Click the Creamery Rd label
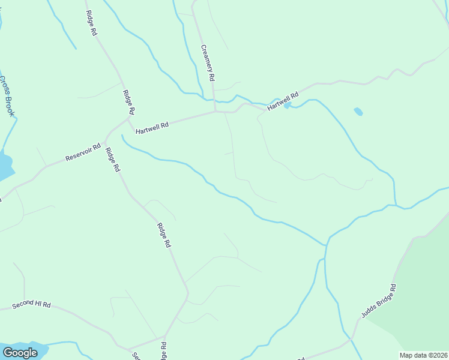coord(208,64)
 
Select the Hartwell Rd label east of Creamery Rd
coord(283,100)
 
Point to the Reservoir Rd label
coord(83,154)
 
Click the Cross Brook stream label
coord(7,97)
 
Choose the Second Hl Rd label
coord(31,305)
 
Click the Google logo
coord(20,353)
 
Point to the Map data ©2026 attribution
coord(424,355)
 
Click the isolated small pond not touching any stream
coord(358,112)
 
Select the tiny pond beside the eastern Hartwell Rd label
coord(288,106)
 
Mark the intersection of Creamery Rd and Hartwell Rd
coord(215,111)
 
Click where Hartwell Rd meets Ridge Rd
coord(128,119)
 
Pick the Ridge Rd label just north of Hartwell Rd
coord(128,102)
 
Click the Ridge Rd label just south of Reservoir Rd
coord(112,160)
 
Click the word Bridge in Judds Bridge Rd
coord(379,300)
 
